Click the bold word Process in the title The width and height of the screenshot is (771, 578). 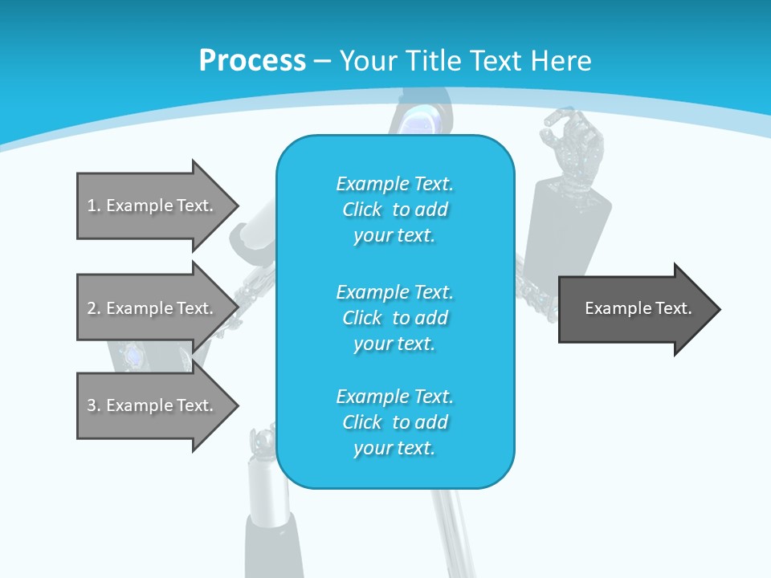252,60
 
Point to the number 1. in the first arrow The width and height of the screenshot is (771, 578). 93,206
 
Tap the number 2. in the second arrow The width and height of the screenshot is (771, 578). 93,308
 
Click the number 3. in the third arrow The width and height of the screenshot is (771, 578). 93,405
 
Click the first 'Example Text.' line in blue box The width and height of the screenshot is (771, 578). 394,184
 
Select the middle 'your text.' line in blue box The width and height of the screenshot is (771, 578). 394,344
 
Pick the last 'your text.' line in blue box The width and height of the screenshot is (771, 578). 394,448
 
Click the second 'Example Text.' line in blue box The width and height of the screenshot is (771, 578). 394,292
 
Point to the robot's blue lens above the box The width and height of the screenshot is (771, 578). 425,121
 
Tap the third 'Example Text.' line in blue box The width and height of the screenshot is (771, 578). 394,397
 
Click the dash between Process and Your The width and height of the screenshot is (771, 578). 323,61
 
